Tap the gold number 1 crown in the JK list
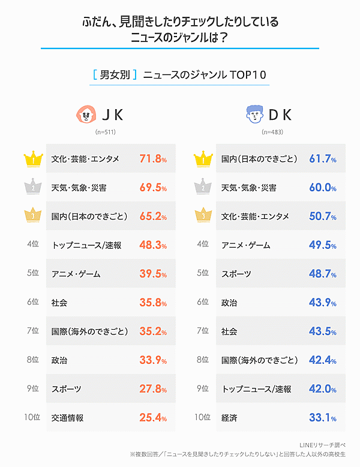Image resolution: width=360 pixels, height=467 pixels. (x=31, y=159)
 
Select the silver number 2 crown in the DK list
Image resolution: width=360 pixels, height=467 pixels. (x=200, y=188)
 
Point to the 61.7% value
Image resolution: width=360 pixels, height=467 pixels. (x=322, y=159)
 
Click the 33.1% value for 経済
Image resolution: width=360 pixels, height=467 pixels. (x=322, y=418)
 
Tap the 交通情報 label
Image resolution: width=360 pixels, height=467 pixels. (x=68, y=418)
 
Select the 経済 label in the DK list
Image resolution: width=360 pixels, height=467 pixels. (x=229, y=418)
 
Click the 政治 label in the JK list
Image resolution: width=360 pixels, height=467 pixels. (x=60, y=360)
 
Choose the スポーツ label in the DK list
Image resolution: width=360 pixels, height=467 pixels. (x=236, y=274)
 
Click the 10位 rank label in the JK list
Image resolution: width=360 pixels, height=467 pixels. (x=32, y=418)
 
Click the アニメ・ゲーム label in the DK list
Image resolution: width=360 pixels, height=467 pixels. (x=246, y=245)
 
